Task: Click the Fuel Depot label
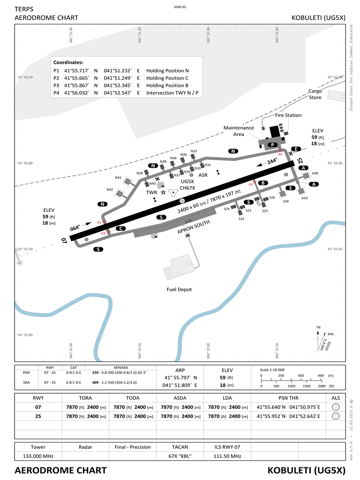tap(179, 290)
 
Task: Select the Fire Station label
tap(288, 115)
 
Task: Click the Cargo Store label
tap(315, 94)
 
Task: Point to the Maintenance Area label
tap(239, 131)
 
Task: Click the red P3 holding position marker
tap(251, 185)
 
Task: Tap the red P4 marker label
tap(280, 154)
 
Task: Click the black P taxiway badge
tap(271, 145)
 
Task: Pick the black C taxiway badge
tap(121, 228)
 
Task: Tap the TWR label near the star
tap(151, 192)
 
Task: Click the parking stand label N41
tap(118, 178)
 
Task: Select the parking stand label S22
tap(241, 219)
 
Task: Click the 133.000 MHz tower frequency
tap(38, 456)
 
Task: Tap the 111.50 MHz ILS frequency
tap(227, 456)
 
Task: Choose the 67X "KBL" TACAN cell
tap(180, 456)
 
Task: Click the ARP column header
tap(180, 370)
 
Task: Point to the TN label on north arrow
tap(318, 327)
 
